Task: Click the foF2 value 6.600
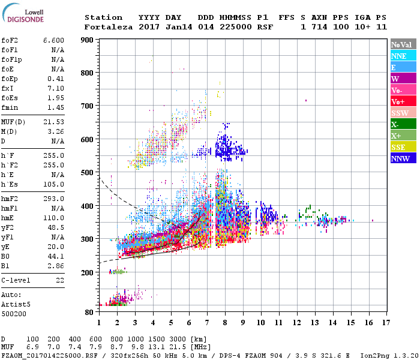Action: coord(53,40)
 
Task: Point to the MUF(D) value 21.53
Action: coord(53,122)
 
